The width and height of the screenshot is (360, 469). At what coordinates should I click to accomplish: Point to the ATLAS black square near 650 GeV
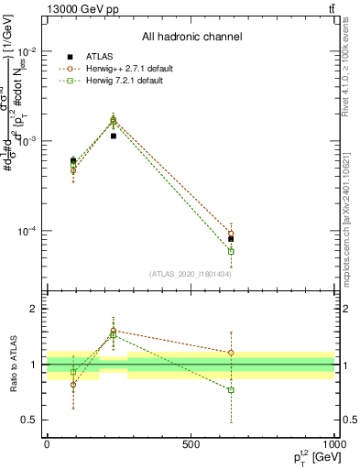click(231, 239)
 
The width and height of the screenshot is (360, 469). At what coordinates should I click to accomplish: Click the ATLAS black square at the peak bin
click(113, 136)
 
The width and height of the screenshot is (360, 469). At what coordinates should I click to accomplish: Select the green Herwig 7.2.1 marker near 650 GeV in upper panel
click(231, 251)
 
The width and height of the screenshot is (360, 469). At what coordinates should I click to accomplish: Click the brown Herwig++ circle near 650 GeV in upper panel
click(231, 233)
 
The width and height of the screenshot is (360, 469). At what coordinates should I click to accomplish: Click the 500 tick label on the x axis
click(191, 443)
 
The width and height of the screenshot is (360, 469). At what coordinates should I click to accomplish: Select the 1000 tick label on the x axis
click(334, 443)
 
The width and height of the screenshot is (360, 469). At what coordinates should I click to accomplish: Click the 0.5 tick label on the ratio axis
click(31, 420)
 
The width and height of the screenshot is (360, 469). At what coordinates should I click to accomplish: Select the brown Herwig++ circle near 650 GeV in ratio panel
click(231, 353)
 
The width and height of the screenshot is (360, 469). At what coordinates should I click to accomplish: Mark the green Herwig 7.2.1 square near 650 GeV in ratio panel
click(231, 390)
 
